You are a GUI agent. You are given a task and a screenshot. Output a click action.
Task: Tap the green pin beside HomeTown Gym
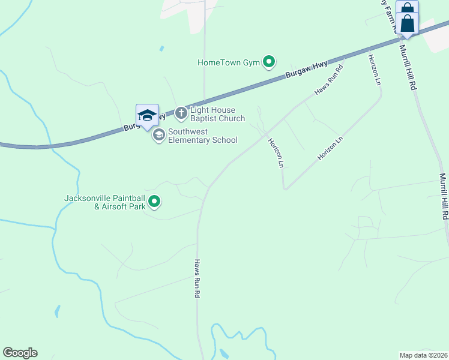pos(270,61)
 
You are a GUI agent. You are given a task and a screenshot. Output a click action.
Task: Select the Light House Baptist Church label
pos(217,114)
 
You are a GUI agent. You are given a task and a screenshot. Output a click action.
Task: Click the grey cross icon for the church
pos(181,112)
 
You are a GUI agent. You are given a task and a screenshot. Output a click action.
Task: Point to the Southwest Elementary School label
pos(202,136)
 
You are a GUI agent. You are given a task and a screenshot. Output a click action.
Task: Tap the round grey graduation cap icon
pos(159,135)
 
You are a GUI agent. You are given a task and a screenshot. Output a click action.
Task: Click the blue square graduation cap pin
pos(147,115)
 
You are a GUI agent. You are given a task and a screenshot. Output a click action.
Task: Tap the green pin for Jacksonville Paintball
pos(154,202)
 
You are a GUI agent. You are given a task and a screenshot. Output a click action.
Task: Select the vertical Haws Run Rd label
pos(196,279)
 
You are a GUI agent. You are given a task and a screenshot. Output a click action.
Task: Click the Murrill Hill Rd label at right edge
pos(444,197)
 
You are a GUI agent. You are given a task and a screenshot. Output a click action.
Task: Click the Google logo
pos(20,353)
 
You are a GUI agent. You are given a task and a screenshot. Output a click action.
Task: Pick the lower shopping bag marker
pos(408,25)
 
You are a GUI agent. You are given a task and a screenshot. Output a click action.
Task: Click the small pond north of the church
pos(161,48)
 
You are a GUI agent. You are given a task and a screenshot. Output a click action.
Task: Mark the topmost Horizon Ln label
pos(375,69)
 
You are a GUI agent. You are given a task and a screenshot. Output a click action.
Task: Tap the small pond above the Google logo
pos(57,311)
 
